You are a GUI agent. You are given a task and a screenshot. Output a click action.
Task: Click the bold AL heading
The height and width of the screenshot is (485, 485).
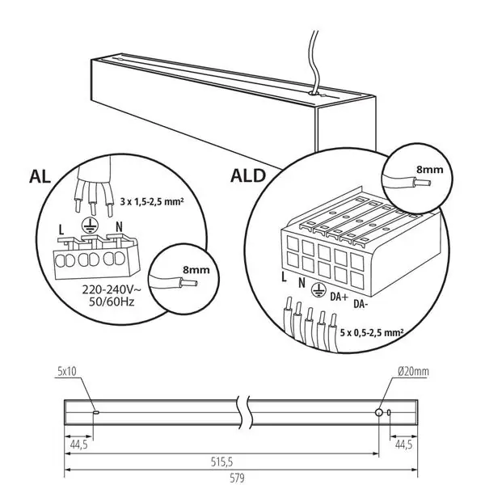(40, 177)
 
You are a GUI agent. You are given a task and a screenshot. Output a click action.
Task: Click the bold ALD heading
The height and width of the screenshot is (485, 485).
(248, 175)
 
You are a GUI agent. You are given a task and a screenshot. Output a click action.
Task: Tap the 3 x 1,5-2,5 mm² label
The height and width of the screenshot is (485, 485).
(152, 202)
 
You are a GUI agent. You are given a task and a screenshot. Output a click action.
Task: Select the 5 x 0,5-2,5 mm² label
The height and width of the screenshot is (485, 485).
(372, 333)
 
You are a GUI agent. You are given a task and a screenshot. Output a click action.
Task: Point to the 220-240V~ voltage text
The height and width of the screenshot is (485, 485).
(112, 290)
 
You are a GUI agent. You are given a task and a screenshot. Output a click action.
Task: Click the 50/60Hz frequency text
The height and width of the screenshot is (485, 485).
(112, 302)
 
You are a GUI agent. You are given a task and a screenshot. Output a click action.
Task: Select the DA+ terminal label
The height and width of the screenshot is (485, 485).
(339, 297)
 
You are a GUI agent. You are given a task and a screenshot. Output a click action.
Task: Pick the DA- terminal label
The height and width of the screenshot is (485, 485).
(361, 304)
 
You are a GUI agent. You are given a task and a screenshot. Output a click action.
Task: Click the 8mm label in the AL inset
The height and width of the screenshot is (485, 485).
(196, 270)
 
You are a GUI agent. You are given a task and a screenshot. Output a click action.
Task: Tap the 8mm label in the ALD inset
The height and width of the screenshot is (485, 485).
(430, 170)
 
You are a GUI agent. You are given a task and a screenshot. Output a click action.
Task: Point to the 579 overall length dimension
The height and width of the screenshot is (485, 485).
(237, 478)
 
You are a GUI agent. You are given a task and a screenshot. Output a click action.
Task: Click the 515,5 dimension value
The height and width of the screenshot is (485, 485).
(221, 462)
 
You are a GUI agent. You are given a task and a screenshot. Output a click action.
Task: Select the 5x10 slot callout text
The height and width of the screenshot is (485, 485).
(67, 371)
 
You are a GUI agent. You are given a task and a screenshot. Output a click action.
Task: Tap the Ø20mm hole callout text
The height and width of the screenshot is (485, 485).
(414, 372)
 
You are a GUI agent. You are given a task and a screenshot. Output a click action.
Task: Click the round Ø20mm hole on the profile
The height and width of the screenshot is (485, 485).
(378, 412)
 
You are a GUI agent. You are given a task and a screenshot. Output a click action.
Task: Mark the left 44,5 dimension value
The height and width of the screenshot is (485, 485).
(79, 445)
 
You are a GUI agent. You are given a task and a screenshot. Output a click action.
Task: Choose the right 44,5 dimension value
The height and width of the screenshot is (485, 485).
(403, 445)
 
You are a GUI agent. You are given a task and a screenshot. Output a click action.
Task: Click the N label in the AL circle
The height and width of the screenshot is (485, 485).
(119, 226)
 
